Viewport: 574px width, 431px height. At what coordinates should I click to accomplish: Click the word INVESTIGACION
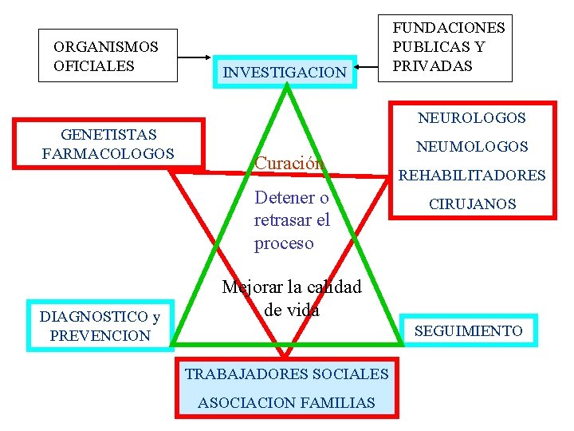[285, 73]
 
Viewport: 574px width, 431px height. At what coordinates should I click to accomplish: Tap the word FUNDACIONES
[449, 28]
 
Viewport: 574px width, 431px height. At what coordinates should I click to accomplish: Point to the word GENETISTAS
[108, 134]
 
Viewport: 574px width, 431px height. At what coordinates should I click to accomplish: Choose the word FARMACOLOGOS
[108, 152]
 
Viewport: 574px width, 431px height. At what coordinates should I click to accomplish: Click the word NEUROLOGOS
[472, 118]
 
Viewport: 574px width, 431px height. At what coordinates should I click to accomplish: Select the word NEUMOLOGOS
[473, 147]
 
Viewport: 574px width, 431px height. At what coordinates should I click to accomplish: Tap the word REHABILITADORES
[472, 176]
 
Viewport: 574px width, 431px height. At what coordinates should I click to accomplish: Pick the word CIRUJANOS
[472, 204]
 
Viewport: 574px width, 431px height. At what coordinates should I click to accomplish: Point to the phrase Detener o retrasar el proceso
[292, 220]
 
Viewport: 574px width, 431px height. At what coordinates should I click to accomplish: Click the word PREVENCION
[100, 336]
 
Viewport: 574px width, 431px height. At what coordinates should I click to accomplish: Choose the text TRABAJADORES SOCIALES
[286, 374]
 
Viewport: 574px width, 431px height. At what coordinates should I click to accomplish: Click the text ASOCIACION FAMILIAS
[286, 403]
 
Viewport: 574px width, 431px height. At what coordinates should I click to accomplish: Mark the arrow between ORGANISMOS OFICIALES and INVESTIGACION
[199, 58]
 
